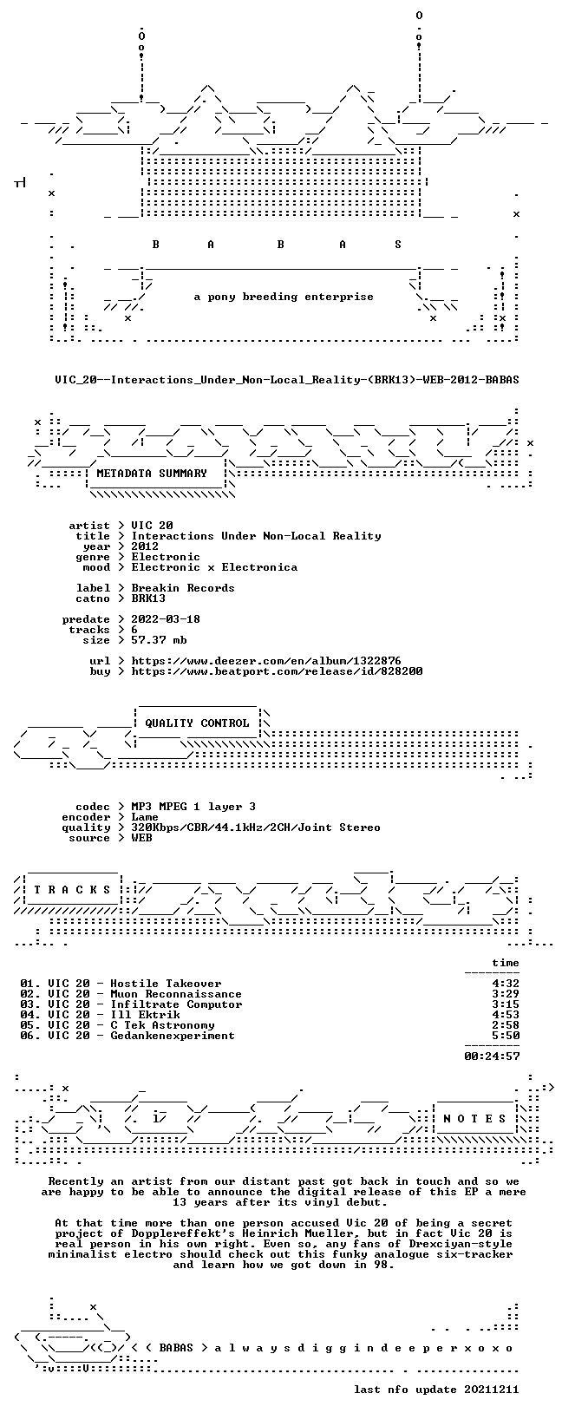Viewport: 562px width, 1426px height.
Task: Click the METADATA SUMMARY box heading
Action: click(x=152, y=474)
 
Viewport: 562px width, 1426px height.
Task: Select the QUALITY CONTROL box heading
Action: click(x=197, y=723)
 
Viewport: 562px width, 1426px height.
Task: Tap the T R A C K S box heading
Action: click(x=73, y=890)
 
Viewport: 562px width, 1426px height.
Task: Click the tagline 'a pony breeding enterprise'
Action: click(x=284, y=297)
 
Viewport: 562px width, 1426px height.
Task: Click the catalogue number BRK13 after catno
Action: click(x=148, y=599)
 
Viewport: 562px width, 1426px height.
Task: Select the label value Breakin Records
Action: click(x=183, y=588)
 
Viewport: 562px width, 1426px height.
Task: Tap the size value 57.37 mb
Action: click(x=159, y=640)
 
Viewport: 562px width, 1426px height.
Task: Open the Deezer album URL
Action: click(x=266, y=661)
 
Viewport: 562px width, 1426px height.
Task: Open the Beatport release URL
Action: click(x=277, y=671)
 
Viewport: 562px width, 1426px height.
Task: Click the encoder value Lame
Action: click(x=145, y=817)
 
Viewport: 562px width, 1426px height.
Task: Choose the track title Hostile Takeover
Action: click(x=166, y=984)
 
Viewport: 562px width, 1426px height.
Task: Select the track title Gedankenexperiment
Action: click(x=173, y=1036)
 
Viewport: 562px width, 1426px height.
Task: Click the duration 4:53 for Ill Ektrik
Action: click(x=506, y=1015)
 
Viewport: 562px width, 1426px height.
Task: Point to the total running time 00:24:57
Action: click(x=492, y=1056)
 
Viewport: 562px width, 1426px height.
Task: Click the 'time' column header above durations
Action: click(x=506, y=963)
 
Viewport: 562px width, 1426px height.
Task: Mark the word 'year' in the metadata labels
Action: click(x=96, y=546)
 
